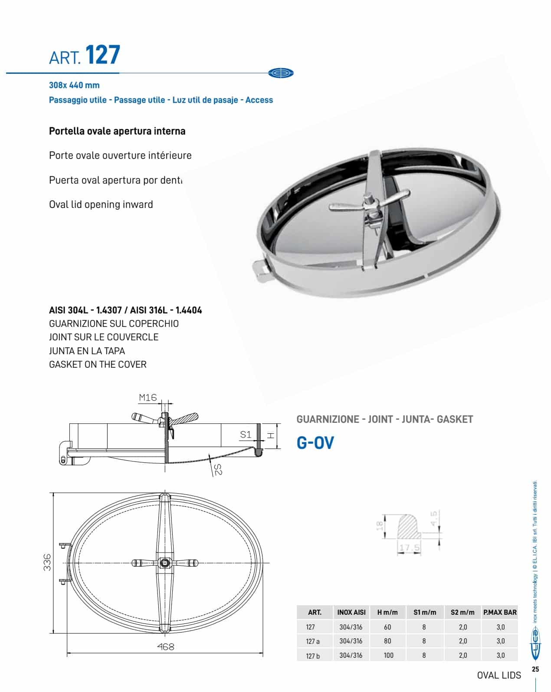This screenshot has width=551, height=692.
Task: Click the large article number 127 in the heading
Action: click(102, 55)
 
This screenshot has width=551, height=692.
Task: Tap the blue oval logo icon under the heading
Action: click(281, 73)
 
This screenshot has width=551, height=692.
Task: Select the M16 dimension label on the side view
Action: click(148, 397)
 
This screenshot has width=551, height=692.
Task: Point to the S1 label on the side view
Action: click(246, 434)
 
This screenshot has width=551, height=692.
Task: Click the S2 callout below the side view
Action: click(218, 469)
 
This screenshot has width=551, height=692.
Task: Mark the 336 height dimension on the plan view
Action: click(48, 562)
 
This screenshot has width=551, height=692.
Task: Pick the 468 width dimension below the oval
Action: click(165, 646)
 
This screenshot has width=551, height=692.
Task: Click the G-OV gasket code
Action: click(315, 443)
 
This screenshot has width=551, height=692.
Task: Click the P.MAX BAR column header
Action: click(500, 613)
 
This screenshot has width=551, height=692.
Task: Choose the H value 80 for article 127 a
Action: click(387, 641)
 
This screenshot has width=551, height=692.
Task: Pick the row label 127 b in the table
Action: click(312, 656)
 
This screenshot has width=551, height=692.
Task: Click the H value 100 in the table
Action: click(388, 655)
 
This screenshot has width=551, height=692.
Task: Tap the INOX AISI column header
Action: click(351, 613)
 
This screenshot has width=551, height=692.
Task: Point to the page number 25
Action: click(535, 669)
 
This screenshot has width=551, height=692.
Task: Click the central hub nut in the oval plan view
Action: click(165, 563)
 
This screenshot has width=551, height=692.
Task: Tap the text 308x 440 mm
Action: click(74, 86)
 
